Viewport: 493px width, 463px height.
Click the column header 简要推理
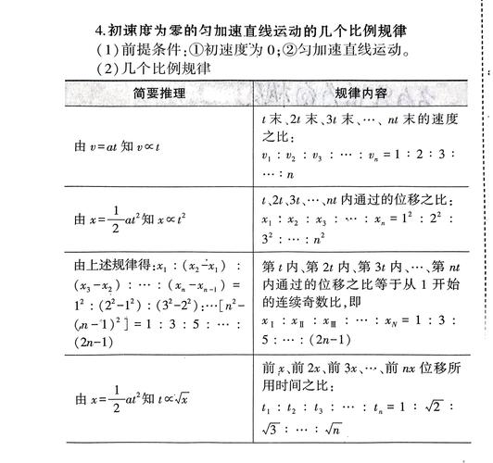click(159, 94)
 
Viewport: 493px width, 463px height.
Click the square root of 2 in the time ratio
click(447, 407)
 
